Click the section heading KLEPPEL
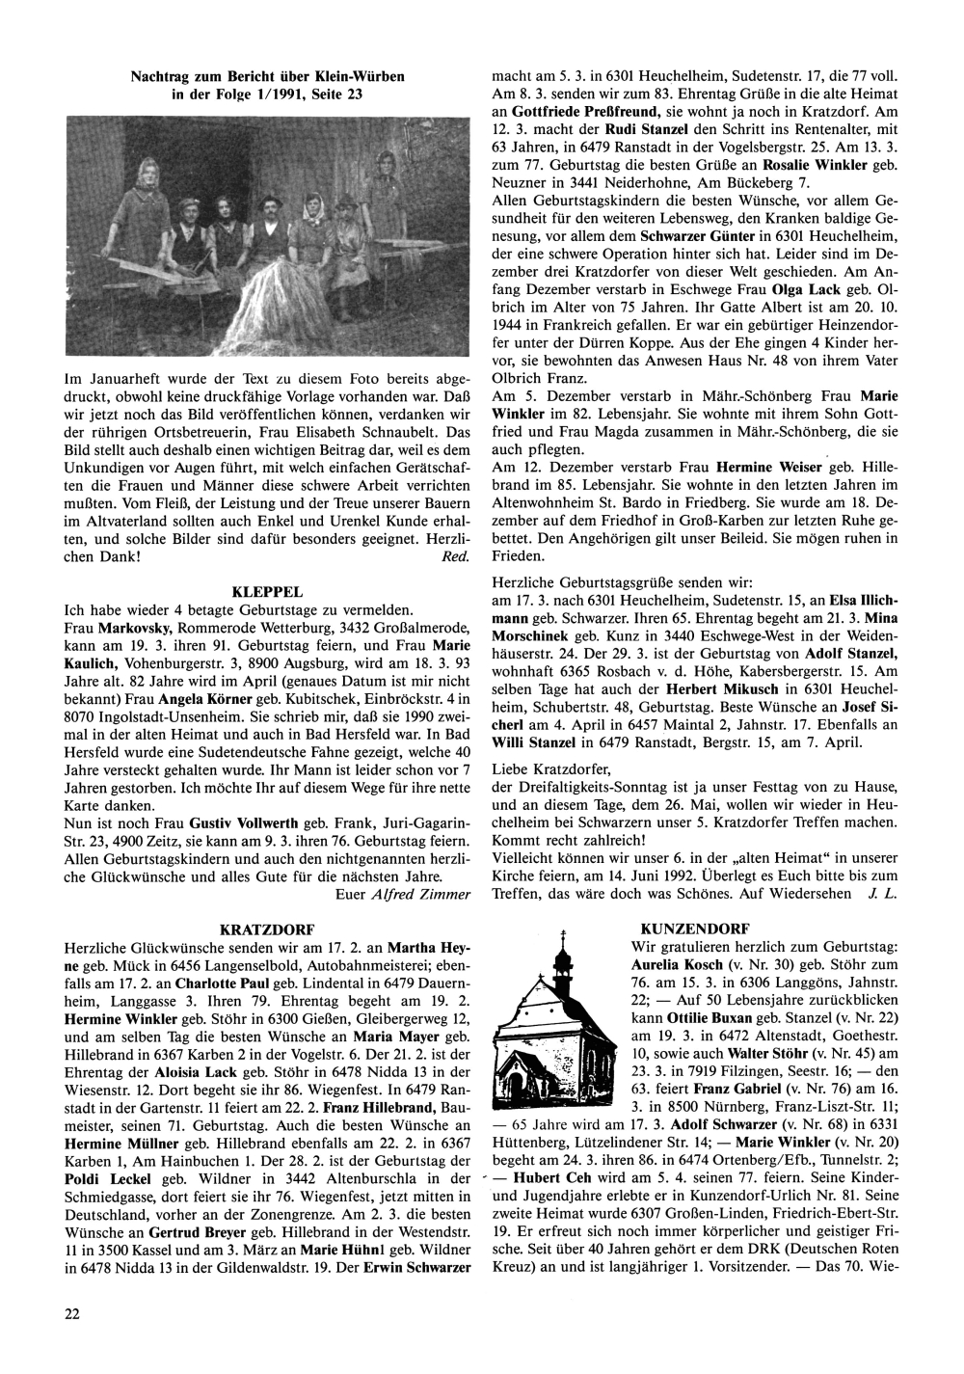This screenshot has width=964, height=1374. pos(268,591)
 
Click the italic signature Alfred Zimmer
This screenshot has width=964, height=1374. pos(420,894)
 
